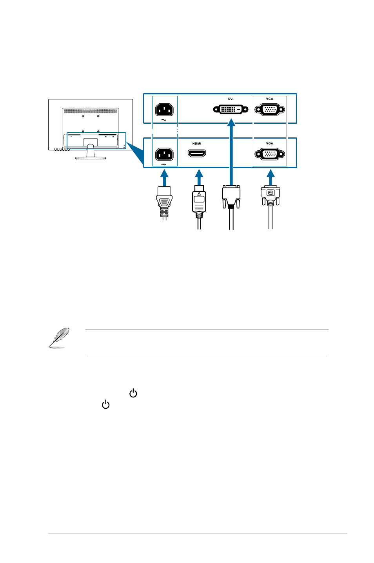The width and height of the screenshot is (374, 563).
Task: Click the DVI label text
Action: pyautogui.click(x=231, y=99)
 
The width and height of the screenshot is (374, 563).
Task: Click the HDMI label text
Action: pyautogui.click(x=197, y=144)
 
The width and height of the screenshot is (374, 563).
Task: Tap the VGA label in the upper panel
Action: pyautogui.click(x=269, y=99)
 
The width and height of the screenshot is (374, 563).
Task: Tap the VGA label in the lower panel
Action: pyautogui.click(x=269, y=144)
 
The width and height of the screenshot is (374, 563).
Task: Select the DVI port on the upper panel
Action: pyautogui.click(x=231, y=109)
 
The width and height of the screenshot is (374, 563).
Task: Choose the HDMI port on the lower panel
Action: pyautogui.click(x=197, y=153)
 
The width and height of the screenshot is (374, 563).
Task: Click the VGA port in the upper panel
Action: pyautogui.click(x=270, y=110)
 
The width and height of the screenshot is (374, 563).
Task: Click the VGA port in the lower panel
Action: pyautogui.click(x=270, y=154)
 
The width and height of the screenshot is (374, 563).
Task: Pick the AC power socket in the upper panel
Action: pyautogui.click(x=164, y=109)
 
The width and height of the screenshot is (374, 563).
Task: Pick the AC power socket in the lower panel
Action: pyautogui.click(x=164, y=154)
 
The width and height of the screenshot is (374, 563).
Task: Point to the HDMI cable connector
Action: pyautogui.click(x=199, y=202)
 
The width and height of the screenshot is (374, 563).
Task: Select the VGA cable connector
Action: pyautogui.click(x=270, y=195)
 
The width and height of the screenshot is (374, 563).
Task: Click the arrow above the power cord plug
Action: pyautogui.click(x=164, y=178)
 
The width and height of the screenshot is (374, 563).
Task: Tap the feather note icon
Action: pyautogui.click(x=59, y=337)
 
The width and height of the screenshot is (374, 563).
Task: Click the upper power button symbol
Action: pyautogui.click(x=133, y=393)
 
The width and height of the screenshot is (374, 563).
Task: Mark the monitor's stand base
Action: pyautogui.click(x=91, y=158)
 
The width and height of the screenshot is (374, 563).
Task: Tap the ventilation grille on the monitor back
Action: pyautogui.click(x=91, y=111)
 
